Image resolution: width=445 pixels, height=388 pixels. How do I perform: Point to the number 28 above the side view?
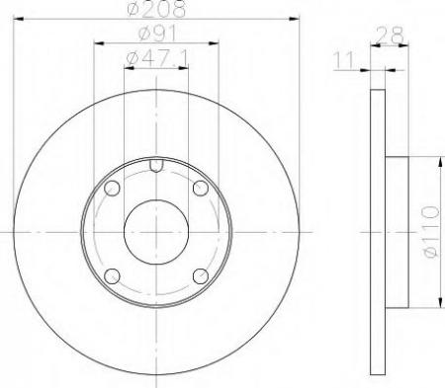click(389, 38)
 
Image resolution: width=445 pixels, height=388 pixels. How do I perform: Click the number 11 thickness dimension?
click(344, 61)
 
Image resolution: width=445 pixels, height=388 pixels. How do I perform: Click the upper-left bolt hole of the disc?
click(112, 189)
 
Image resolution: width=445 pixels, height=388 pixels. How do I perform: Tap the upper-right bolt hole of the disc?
click(201, 189)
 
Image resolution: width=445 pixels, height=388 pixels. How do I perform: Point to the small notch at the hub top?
click(156, 165)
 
